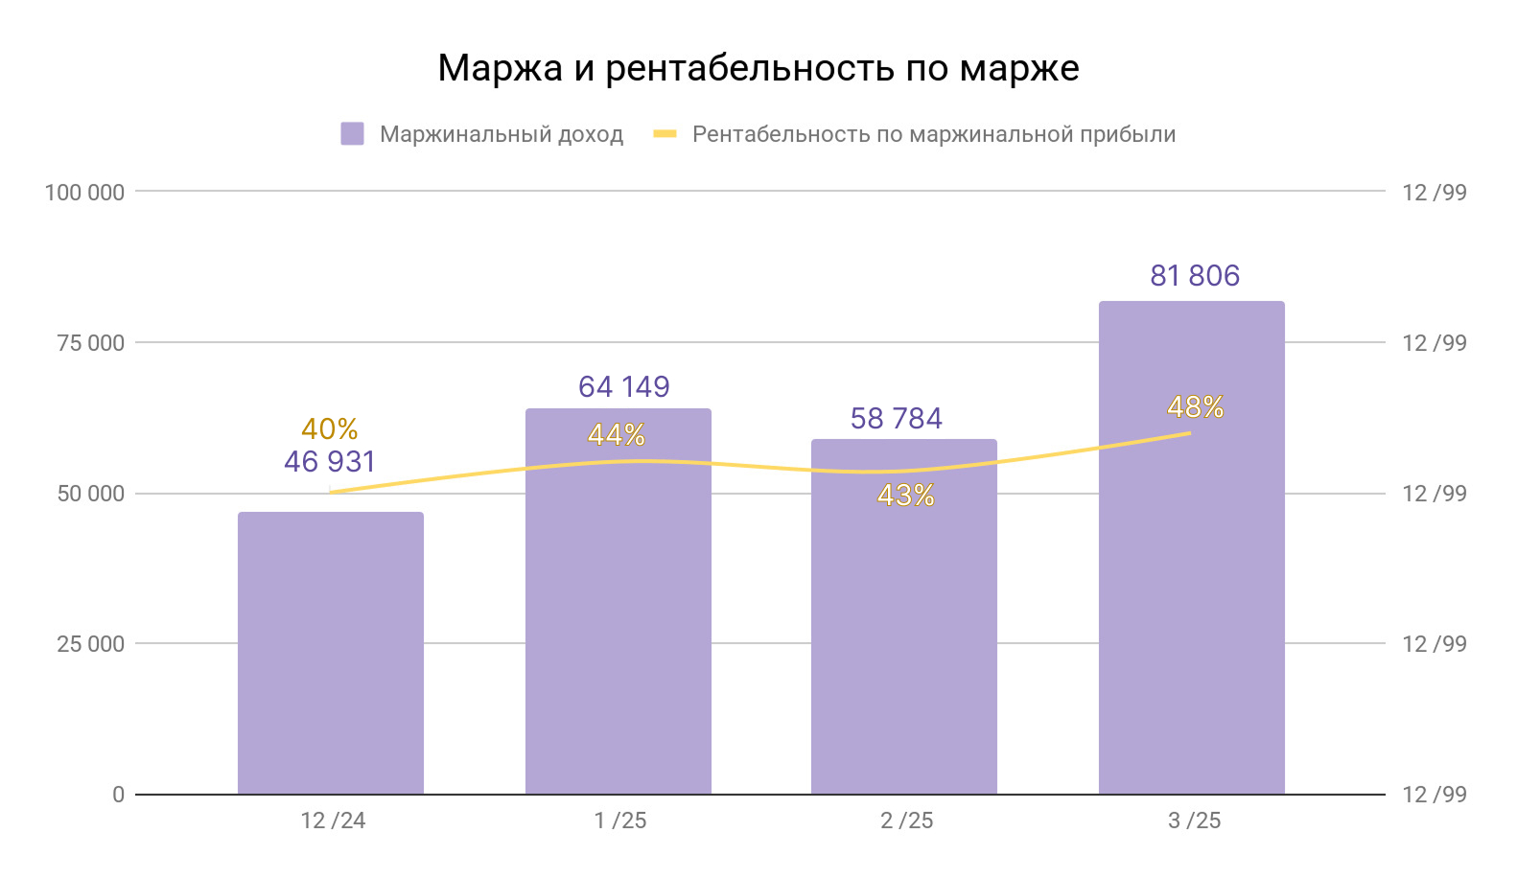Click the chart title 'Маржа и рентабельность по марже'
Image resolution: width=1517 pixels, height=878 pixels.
click(758, 69)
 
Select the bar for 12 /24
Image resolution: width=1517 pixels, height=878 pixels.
click(331, 652)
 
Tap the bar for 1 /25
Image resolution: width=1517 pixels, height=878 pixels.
click(618, 613)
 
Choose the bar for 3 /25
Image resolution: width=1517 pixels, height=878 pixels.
click(1192, 575)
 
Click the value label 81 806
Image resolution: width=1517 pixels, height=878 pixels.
click(1195, 276)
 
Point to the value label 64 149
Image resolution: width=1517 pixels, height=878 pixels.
click(624, 387)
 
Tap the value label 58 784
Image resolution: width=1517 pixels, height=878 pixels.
click(897, 419)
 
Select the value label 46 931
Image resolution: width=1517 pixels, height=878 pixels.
click(330, 462)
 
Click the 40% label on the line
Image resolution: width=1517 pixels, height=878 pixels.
click(330, 428)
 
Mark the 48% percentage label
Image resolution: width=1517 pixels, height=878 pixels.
click(1195, 407)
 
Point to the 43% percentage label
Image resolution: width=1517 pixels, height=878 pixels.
click(905, 496)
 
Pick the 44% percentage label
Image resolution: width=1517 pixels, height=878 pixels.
click(617, 436)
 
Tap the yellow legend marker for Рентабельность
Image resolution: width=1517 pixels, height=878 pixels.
click(665, 134)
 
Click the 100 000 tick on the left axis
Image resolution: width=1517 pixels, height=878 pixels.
click(84, 193)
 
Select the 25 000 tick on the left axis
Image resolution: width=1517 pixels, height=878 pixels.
click(90, 644)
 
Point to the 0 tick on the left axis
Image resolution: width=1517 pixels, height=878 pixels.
click(118, 795)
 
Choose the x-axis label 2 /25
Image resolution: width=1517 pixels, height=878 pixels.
click(906, 820)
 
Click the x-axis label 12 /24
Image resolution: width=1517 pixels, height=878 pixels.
click(333, 820)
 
